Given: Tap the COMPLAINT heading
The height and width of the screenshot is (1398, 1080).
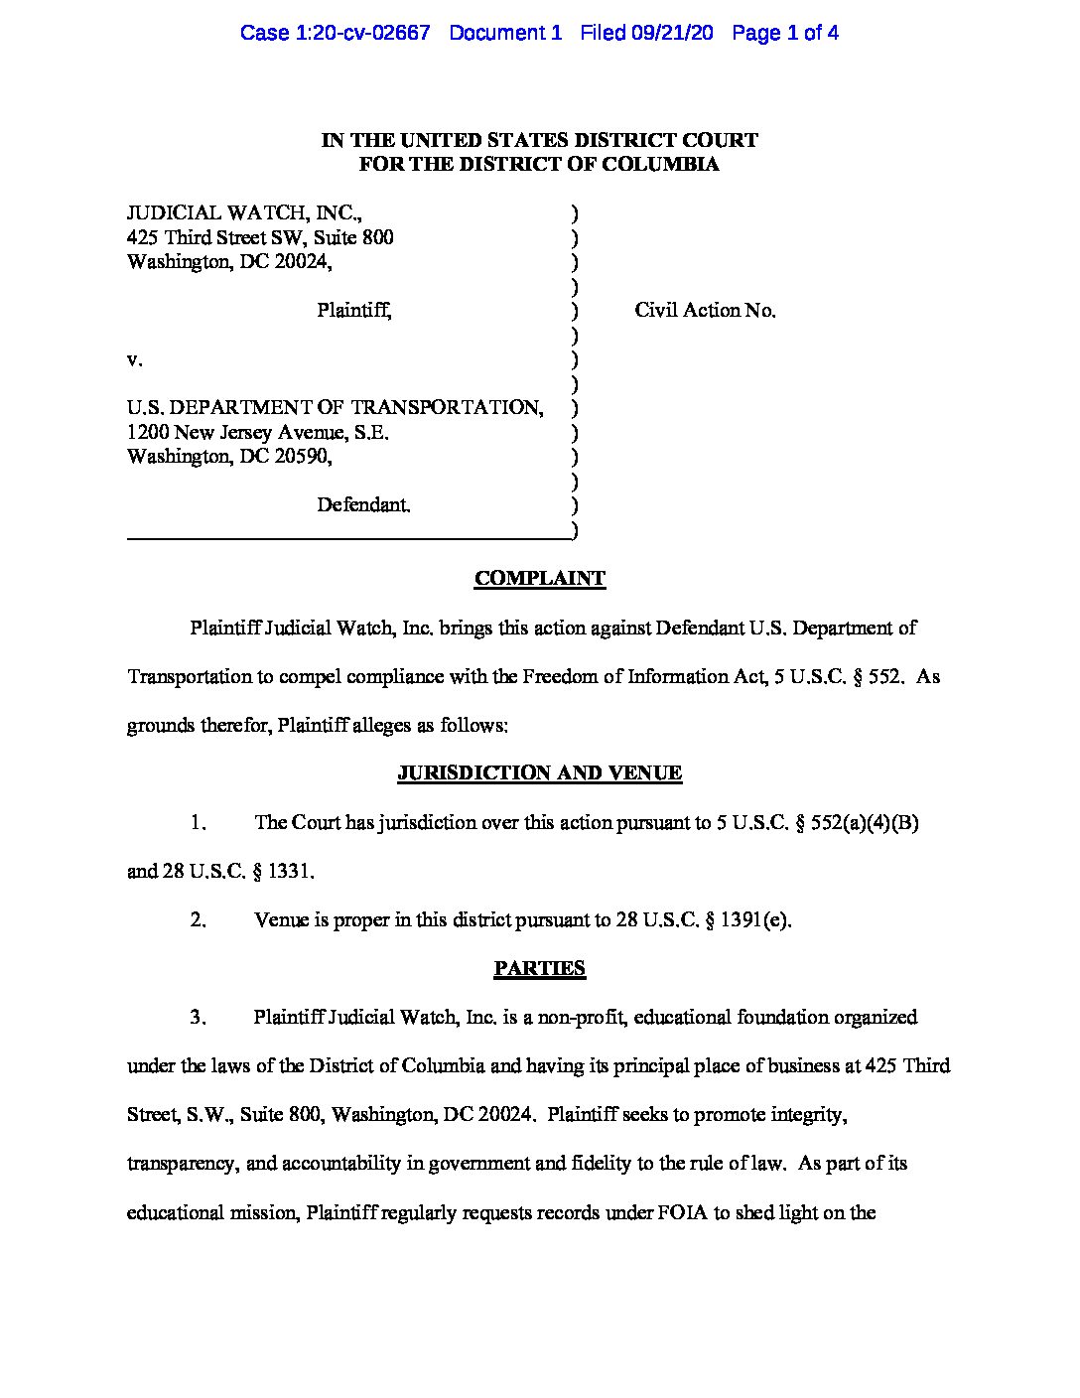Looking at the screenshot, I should tap(539, 578).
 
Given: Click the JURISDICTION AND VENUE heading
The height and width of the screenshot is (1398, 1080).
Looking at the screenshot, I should tap(539, 772).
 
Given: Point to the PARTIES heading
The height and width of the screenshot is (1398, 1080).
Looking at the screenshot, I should tap(539, 968).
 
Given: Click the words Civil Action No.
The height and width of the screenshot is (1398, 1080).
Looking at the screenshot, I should tap(705, 310).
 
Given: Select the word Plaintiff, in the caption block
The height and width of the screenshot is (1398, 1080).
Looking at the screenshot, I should tap(354, 310).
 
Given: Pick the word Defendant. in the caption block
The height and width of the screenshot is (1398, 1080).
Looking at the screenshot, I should tap(363, 504).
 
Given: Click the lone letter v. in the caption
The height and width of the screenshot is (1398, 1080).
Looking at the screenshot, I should tap(133, 359).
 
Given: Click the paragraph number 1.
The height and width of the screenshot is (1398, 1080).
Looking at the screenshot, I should tap(199, 822).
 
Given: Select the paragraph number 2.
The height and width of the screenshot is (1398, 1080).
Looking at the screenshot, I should tap(199, 919).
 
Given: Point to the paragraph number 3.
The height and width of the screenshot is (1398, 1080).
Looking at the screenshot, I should tap(199, 1017).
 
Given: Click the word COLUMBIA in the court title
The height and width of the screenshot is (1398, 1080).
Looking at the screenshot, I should tap(668, 165).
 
